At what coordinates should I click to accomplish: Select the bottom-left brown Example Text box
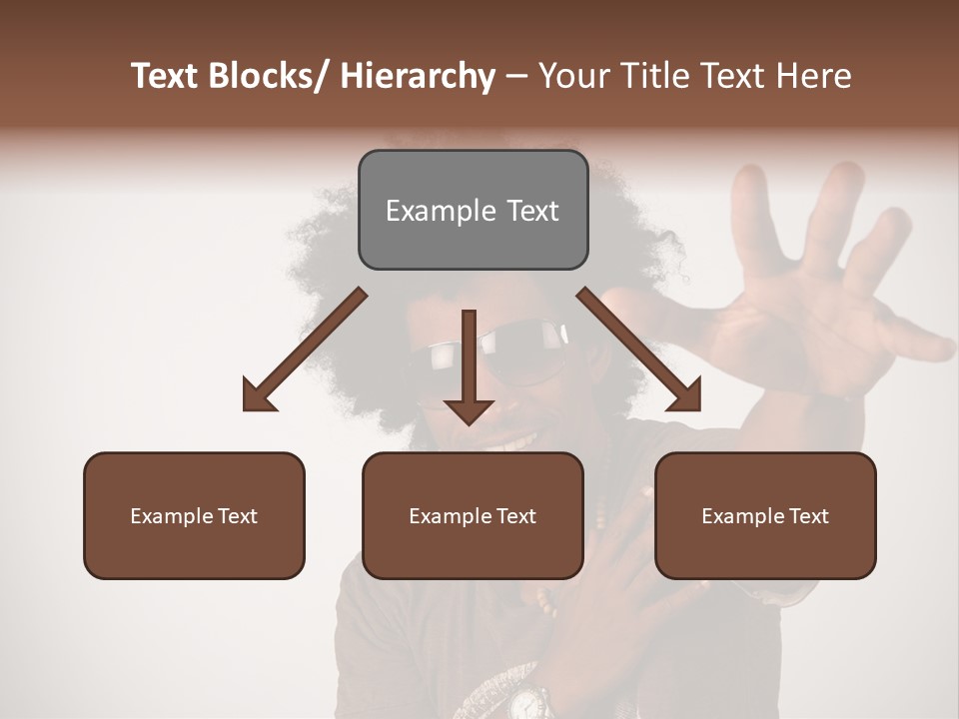click(194, 515)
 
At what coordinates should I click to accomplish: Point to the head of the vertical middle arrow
click(469, 410)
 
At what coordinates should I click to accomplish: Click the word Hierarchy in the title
click(417, 76)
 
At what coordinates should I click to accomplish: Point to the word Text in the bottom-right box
click(806, 515)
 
